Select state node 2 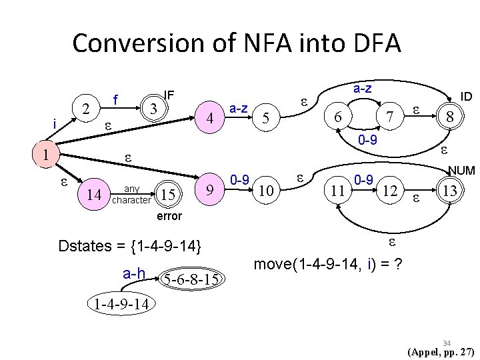coord(85,109)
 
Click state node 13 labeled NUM coord(451,192)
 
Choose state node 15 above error coord(167,194)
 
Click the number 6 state coord(339,117)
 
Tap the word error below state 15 coord(169,217)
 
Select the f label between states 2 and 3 coord(116,99)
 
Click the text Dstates coord(85,245)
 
